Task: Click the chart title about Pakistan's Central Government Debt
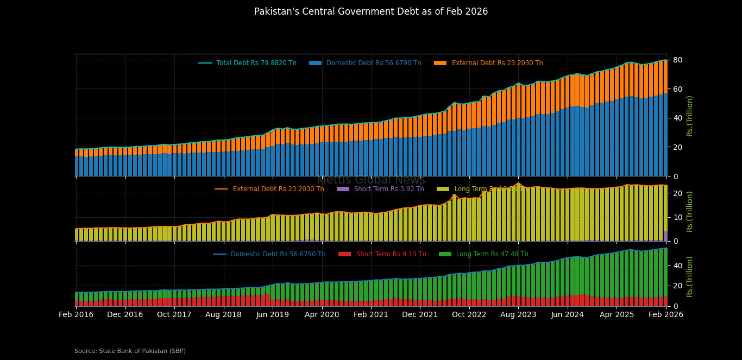pos(371,11)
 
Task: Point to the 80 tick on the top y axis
pos(677,60)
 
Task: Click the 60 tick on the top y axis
pos(677,89)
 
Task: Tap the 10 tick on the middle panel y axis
pos(677,217)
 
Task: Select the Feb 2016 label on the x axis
pos(76,314)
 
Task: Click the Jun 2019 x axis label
pos(273,314)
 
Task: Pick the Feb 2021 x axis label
pos(371,314)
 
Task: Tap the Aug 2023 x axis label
pos(518,314)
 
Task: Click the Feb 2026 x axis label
pos(666,314)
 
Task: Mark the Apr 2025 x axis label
pos(617,314)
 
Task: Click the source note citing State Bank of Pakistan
pos(130,351)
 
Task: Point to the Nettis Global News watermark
pos(371,180)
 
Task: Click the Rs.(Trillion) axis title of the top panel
pos(690,116)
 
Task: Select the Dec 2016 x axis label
pos(125,314)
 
